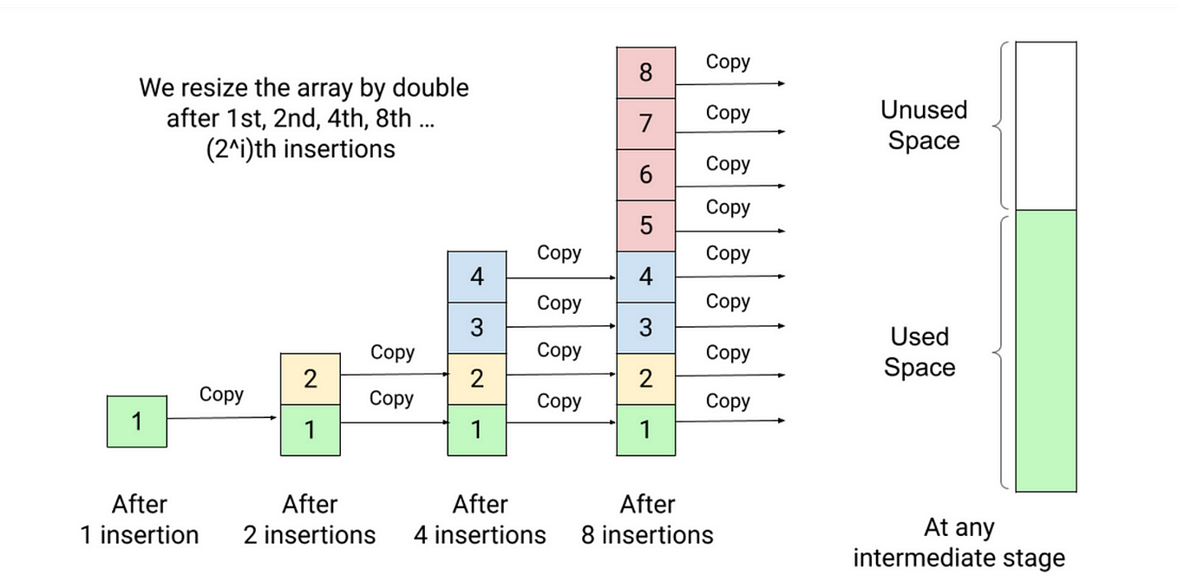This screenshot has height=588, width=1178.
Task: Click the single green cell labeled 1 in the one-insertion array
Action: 137,421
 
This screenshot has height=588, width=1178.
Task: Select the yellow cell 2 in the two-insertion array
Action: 310,379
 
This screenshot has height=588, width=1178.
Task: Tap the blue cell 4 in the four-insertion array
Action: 476,278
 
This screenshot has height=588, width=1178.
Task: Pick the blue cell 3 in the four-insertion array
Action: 476,328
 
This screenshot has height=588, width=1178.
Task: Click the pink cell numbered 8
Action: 645,72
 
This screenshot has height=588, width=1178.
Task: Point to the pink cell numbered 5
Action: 645,226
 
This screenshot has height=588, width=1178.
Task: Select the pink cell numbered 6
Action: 645,174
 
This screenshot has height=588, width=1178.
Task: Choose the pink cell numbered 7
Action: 645,123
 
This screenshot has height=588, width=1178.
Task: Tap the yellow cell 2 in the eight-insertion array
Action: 645,379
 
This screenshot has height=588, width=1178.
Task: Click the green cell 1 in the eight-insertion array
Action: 645,430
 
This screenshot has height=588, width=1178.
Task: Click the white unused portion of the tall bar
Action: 1045,126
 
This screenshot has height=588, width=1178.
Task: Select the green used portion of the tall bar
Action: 1045,351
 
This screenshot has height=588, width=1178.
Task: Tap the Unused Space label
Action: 923,125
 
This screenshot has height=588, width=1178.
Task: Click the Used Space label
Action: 919,351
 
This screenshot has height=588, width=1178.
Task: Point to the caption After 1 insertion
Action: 139,519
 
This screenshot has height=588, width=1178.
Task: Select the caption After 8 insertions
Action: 647,519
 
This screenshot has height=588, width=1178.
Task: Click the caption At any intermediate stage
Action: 959,542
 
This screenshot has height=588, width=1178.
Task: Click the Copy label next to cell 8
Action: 728,62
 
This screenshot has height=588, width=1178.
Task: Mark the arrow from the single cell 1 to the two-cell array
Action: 222,419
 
